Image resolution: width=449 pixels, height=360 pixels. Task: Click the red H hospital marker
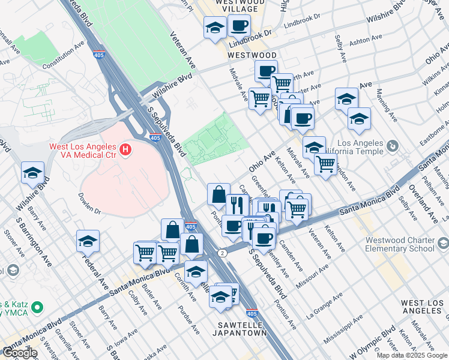pyautogui.click(x=125, y=149)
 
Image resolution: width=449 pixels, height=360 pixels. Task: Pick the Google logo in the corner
pyautogui.click(x=19, y=353)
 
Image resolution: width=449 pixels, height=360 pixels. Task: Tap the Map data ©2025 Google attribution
pyautogui.click(x=412, y=355)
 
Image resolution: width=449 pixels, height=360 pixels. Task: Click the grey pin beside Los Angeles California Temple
pyautogui.click(x=393, y=146)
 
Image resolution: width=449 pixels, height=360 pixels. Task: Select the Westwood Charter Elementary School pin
pyautogui.click(x=443, y=244)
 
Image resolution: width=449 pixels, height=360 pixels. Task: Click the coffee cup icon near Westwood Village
pyautogui.click(x=239, y=26)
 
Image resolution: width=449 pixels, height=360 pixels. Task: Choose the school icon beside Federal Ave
pyautogui.click(x=88, y=241)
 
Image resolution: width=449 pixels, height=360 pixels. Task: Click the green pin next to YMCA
pyautogui.click(x=37, y=308)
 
